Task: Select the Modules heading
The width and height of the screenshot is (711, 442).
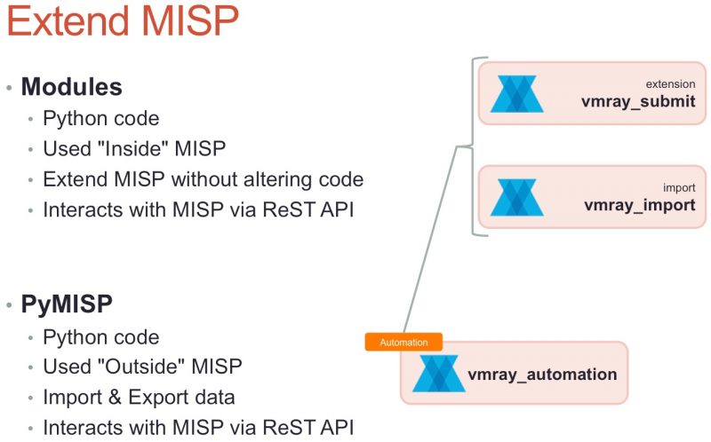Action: (x=71, y=87)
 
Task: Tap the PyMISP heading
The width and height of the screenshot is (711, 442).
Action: (x=67, y=304)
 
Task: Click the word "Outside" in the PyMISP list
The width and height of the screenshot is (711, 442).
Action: (x=153, y=367)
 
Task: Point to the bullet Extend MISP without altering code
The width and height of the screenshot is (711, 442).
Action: (x=203, y=178)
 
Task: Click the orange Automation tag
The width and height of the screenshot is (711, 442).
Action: (x=403, y=342)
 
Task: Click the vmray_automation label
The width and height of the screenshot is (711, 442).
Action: (x=542, y=374)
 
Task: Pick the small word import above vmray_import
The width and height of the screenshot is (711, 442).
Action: (x=679, y=188)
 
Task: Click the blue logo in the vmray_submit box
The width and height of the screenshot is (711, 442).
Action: (x=517, y=94)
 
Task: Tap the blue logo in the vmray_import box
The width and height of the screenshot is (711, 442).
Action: (x=517, y=198)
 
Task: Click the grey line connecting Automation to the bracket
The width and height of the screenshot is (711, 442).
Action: (x=433, y=240)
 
